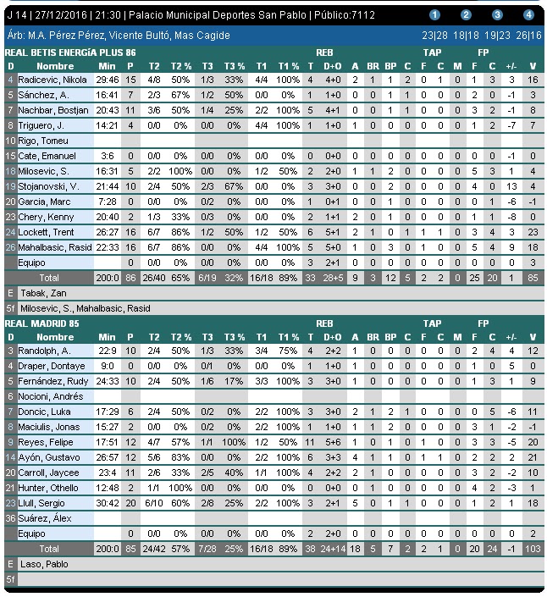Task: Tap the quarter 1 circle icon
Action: click(x=435, y=14)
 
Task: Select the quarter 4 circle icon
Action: click(x=528, y=14)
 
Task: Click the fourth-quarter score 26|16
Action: click(x=528, y=36)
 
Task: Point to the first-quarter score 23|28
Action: click(x=435, y=36)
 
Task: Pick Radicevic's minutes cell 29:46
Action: click(x=107, y=79)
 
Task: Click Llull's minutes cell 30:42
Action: click(x=107, y=502)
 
